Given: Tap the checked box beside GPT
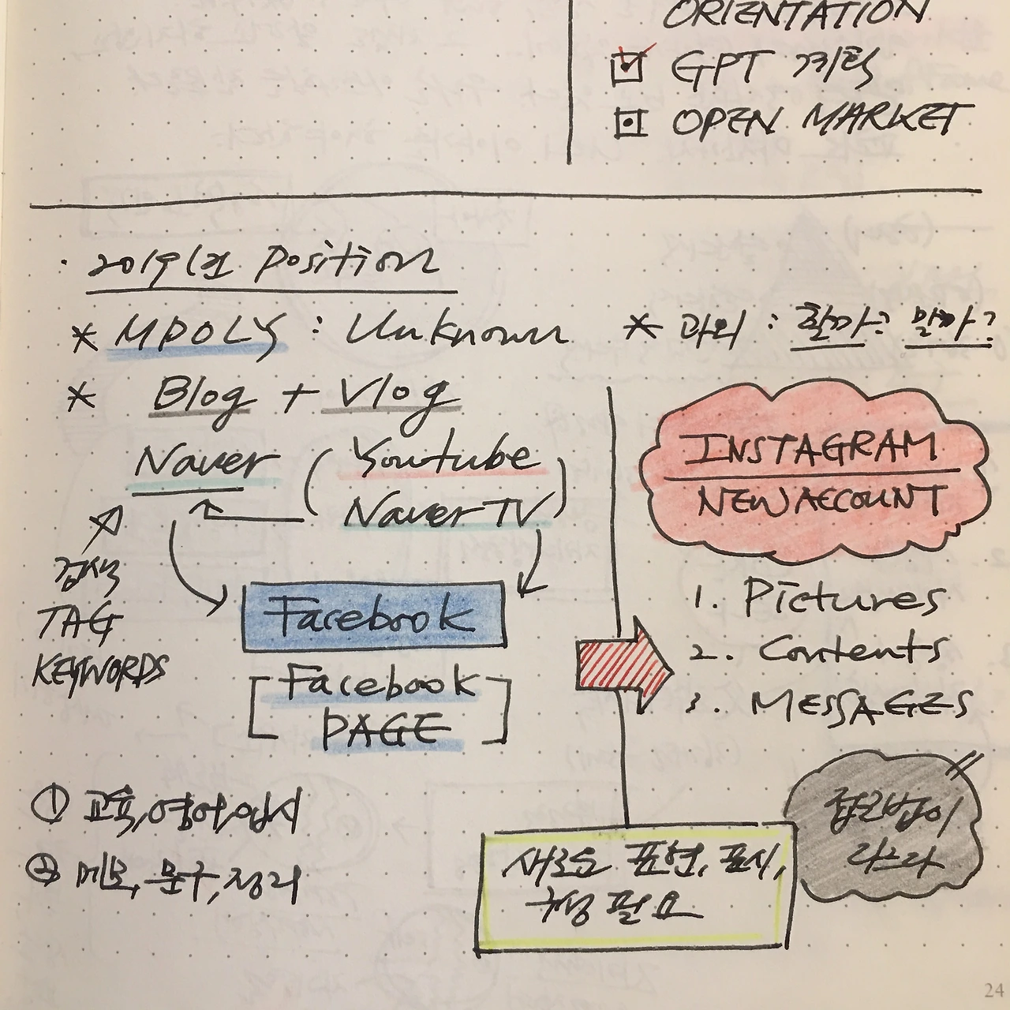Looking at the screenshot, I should [x=629, y=69].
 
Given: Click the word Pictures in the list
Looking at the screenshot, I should [x=843, y=600].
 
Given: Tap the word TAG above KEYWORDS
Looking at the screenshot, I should [x=77, y=623].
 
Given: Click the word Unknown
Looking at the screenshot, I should [x=456, y=333].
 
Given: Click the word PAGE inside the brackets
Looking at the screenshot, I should [x=381, y=731].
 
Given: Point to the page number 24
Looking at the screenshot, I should [x=993, y=989].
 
